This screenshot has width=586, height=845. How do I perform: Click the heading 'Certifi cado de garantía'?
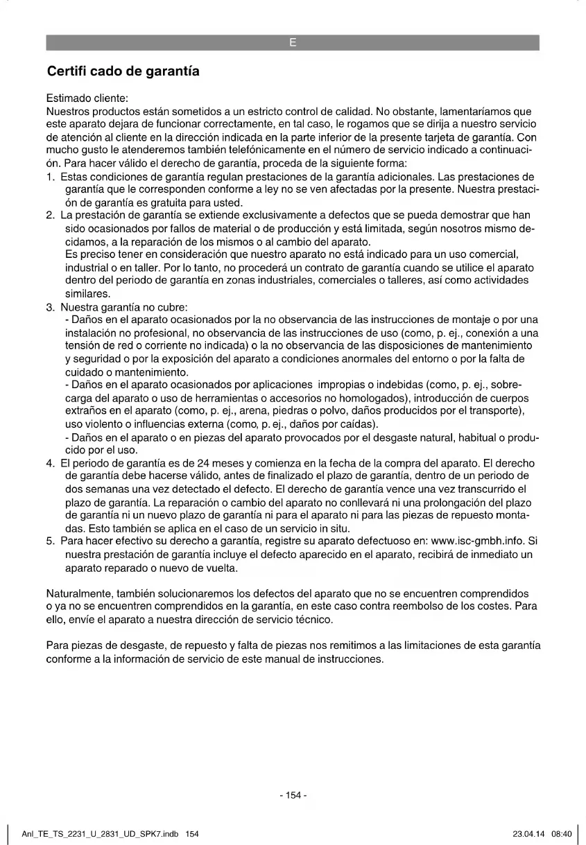pyautogui.click(x=123, y=71)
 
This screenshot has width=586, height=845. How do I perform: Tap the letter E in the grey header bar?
pyautogui.click(x=293, y=43)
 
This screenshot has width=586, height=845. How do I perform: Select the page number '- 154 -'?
pyautogui.click(x=293, y=795)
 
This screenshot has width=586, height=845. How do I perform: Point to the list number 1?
pyautogui.click(x=50, y=177)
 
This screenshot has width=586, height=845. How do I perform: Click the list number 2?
pyautogui.click(x=50, y=216)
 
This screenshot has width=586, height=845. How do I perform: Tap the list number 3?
pyautogui.click(x=50, y=307)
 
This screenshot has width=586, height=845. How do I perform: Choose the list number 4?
pyautogui.click(x=50, y=463)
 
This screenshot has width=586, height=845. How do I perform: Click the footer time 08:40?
pyautogui.click(x=561, y=834)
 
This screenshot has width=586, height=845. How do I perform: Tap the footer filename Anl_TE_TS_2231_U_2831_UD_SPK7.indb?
pyautogui.click(x=101, y=834)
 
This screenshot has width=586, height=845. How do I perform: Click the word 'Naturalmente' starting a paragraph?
pyautogui.click(x=80, y=593)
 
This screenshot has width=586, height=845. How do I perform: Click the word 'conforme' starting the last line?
pyautogui.click(x=68, y=659)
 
